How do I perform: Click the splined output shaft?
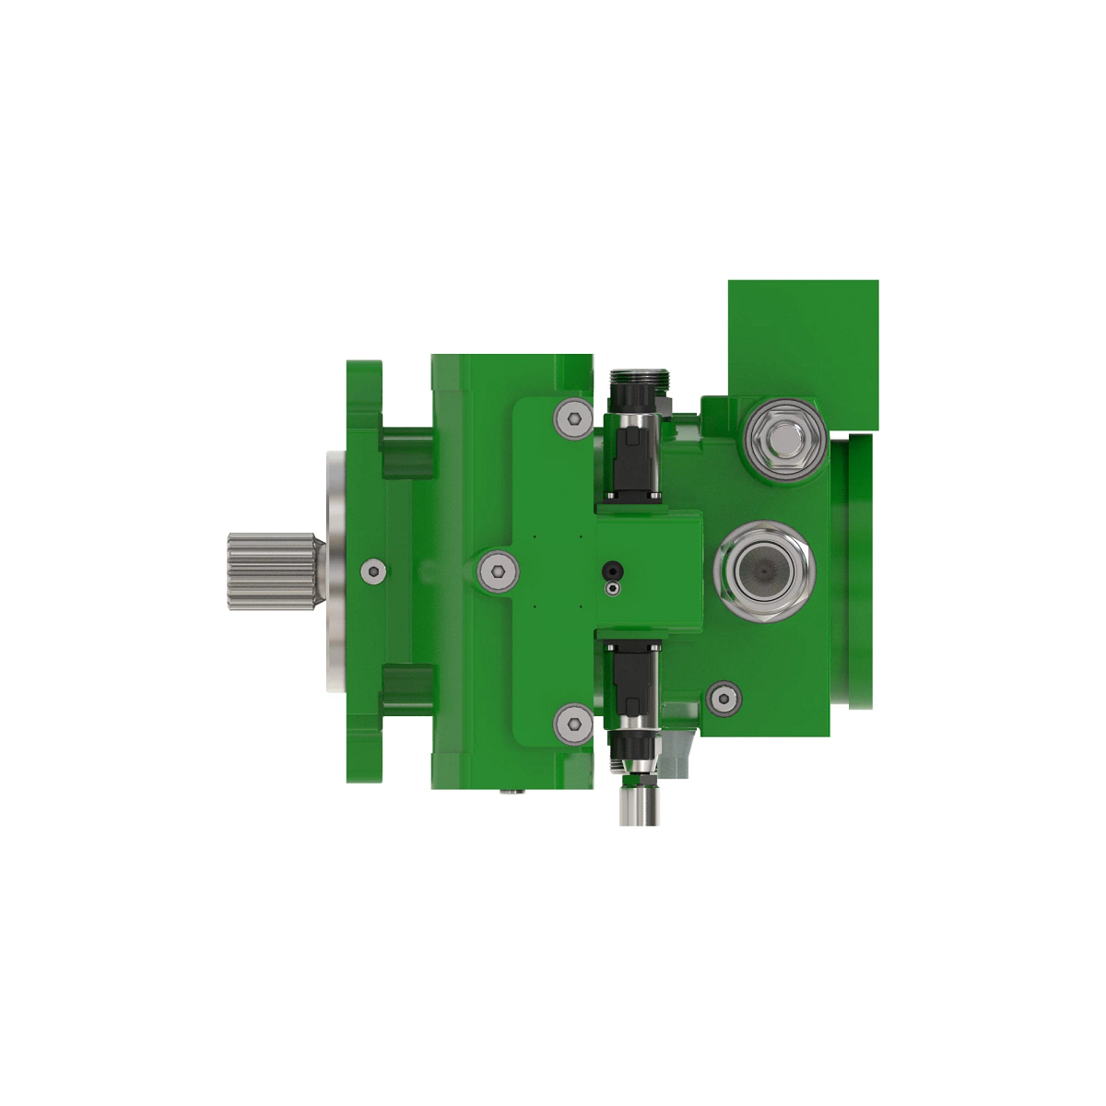tap(272, 571)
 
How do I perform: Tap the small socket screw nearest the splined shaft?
tap(372, 571)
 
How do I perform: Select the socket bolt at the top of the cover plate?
tap(573, 419)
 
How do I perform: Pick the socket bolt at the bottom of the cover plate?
tap(573, 723)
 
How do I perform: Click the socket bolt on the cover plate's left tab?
tap(498, 571)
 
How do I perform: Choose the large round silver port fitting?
tap(765, 571)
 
